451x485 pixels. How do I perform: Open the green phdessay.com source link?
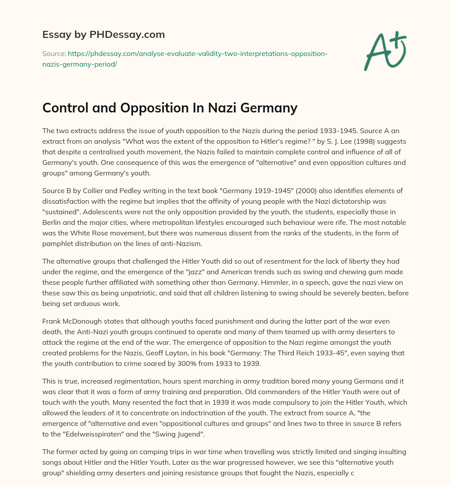(185, 59)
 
